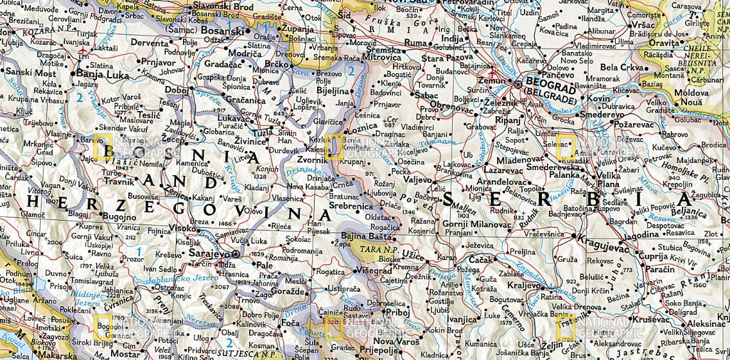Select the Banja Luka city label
99,73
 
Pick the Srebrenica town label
351,207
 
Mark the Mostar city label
125,354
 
